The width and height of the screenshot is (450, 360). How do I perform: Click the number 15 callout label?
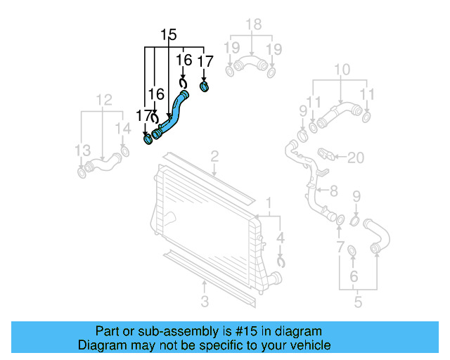point(168,34)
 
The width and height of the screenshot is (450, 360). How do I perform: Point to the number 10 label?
point(342,70)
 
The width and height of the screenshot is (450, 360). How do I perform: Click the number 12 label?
point(103,100)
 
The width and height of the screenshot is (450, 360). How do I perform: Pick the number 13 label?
point(82,150)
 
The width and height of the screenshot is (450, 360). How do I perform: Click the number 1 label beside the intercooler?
point(269,204)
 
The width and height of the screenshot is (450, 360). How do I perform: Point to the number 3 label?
point(204,302)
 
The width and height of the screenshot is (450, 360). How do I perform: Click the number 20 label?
point(356,157)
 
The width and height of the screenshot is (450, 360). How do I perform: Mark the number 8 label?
point(333,191)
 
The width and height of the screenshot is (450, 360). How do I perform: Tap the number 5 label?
point(358,303)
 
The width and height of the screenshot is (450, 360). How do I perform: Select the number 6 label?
point(354,277)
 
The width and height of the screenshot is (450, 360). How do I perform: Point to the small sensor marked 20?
point(328,154)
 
